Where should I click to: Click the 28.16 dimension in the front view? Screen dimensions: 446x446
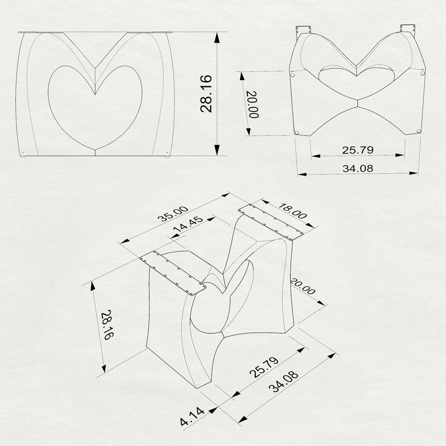click(206, 93)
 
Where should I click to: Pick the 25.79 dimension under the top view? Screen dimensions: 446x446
click(357, 150)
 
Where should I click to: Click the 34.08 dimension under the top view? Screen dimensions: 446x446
click(357, 169)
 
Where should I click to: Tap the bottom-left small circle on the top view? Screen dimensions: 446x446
click(296, 132)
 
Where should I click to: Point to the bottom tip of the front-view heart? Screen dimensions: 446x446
click(95, 150)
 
